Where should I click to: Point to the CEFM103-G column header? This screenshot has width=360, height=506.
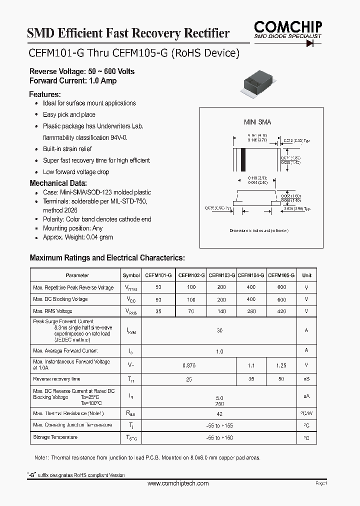(x=222, y=275)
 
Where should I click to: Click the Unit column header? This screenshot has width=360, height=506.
(x=306, y=275)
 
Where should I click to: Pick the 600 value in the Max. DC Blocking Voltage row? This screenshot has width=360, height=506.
(x=281, y=299)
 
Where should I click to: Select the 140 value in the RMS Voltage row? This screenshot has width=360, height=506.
(x=222, y=311)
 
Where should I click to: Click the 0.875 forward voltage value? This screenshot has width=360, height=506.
(x=189, y=365)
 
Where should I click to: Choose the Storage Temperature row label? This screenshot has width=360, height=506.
(x=55, y=437)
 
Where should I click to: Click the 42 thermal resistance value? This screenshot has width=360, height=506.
(x=219, y=413)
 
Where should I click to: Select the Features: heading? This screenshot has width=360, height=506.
(x=45, y=94)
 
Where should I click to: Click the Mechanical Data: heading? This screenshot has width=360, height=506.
(x=58, y=183)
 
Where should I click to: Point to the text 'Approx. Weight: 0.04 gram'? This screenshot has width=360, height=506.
(x=78, y=237)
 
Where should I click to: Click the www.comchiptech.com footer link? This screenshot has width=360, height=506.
(x=178, y=483)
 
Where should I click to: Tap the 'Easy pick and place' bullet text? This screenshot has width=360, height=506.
(x=69, y=114)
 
